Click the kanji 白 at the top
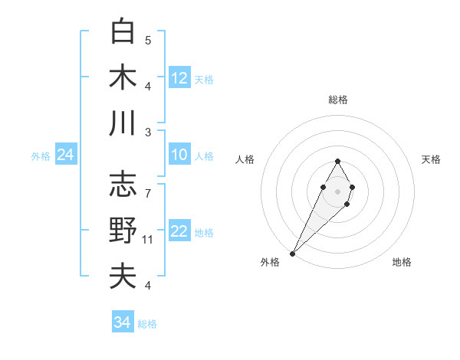click(123, 32)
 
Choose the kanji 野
click(123, 230)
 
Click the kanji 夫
click(123, 276)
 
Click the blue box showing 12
click(179, 77)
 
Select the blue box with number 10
click(179, 155)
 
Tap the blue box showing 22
click(179, 231)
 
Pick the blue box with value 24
click(66, 155)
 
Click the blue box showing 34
click(123, 322)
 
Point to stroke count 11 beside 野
click(148, 240)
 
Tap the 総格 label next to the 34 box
click(147, 324)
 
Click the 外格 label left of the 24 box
click(41, 156)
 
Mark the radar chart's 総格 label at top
click(337, 100)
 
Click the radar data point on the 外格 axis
click(293, 253)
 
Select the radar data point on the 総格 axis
click(337, 161)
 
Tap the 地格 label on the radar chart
click(402, 262)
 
